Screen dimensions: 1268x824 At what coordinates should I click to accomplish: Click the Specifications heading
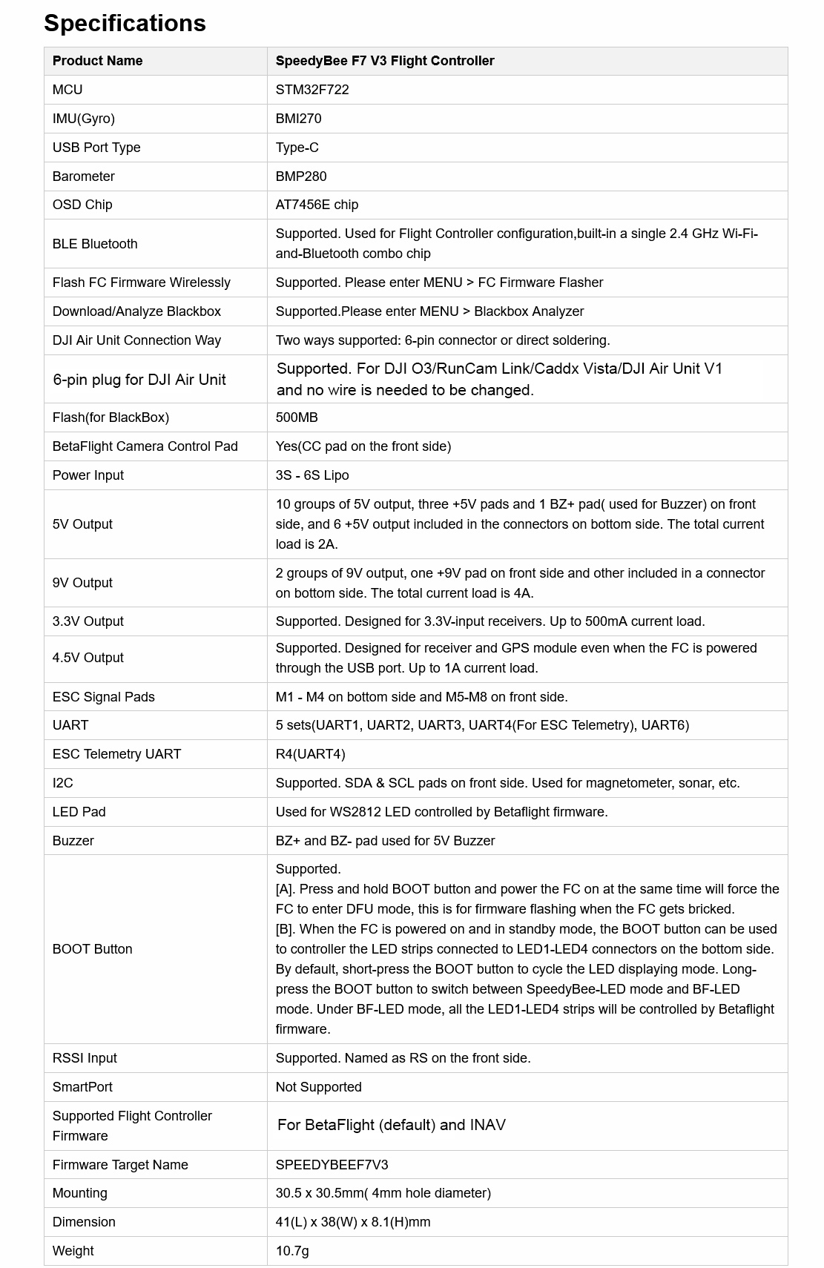(x=125, y=23)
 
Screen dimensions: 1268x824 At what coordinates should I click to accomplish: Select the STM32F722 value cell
(x=312, y=90)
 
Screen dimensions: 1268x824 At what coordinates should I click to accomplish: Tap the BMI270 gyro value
(x=298, y=119)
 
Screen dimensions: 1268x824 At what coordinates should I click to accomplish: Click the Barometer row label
(x=83, y=176)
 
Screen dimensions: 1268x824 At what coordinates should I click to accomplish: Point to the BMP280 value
(x=301, y=176)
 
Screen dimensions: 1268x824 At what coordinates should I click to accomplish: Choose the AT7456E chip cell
(x=317, y=205)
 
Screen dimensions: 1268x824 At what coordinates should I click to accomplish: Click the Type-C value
(x=297, y=148)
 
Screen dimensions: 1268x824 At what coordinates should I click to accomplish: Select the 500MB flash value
(x=297, y=417)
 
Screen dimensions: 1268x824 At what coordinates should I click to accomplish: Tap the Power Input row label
(x=88, y=475)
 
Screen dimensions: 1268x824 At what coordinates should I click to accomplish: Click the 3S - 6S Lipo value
(x=312, y=475)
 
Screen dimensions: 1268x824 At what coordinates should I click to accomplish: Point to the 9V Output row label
(x=82, y=583)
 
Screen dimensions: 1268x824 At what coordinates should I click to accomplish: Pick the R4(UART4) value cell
(x=310, y=754)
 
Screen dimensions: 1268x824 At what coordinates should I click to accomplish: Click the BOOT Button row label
(x=92, y=949)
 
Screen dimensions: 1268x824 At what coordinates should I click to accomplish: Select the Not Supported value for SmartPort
(x=318, y=1087)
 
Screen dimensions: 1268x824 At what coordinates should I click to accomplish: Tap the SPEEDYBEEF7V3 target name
(x=332, y=1165)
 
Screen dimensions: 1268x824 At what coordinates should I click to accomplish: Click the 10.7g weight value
(x=292, y=1251)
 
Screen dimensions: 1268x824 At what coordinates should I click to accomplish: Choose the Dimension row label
(x=84, y=1222)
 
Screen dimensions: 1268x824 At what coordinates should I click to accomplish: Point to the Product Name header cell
(x=97, y=61)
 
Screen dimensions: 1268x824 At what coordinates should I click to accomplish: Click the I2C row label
(x=62, y=783)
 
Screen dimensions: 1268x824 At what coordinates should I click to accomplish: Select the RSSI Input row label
(x=85, y=1058)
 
